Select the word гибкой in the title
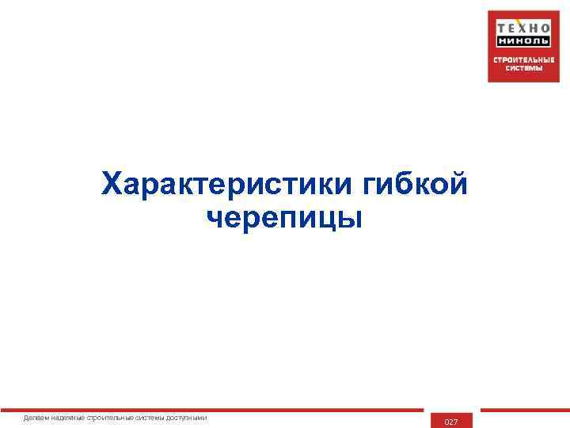point(416,184)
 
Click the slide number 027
point(451,422)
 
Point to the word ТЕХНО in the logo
point(523,25)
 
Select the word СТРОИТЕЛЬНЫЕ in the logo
point(523,59)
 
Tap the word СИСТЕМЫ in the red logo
point(523,68)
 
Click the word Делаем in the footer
point(36,418)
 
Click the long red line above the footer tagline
point(222,411)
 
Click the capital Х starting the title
point(114,184)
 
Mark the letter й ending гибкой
point(458,184)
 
